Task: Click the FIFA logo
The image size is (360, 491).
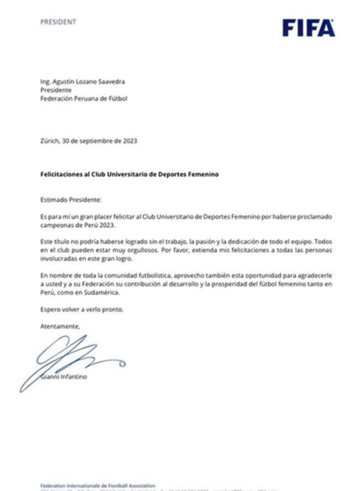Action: (x=309, y=28)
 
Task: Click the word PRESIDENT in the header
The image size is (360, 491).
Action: (x=58, y=22)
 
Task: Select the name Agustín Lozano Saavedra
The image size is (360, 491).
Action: (x=88, y=81)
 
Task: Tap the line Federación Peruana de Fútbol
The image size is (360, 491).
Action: (x=84, y=98)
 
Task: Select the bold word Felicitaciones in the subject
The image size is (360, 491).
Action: (x=60, y=175)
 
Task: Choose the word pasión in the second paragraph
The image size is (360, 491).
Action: (x=208, y=242)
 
